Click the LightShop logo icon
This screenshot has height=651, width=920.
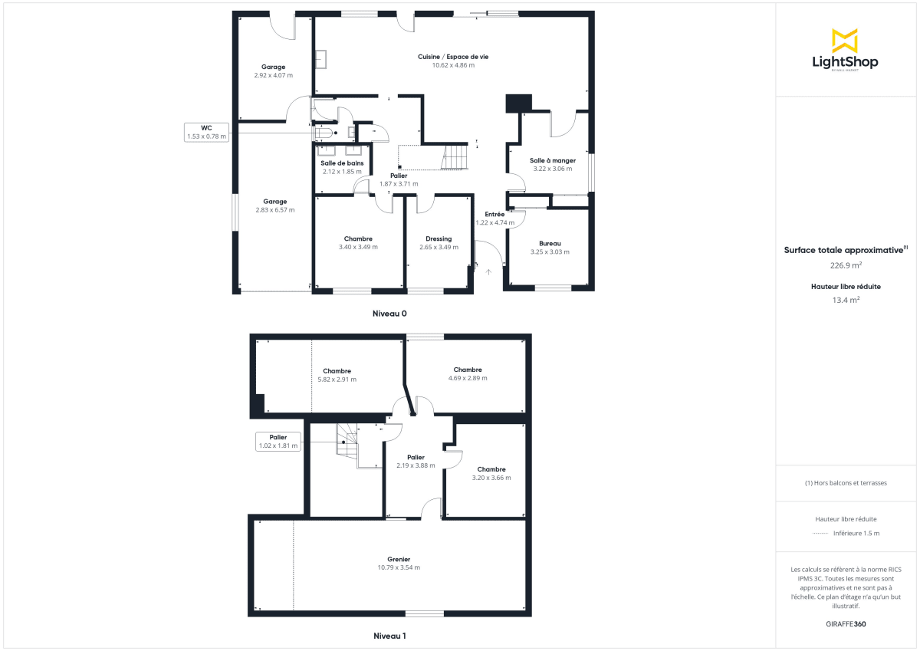[845, 41]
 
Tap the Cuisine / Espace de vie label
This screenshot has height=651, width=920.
[453, 57]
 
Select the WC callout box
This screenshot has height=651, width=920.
[206, 132]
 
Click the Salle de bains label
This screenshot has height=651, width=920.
[342, 163]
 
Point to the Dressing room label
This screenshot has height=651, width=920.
[439, 238]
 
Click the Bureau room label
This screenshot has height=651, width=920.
[550, 243]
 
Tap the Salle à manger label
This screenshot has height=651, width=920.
[552, 160]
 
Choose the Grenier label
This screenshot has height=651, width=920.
[399, 559]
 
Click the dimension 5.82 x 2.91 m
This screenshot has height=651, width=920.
[337, 380]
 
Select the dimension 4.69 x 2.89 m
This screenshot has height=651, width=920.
[468, 378]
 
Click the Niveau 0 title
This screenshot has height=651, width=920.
[389, 313]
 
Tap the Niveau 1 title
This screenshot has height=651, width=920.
[389, 636]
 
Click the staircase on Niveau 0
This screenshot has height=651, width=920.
[455, 157]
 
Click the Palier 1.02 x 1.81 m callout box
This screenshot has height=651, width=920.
[278, 442]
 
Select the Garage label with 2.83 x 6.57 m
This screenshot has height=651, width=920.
[274, 205]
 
